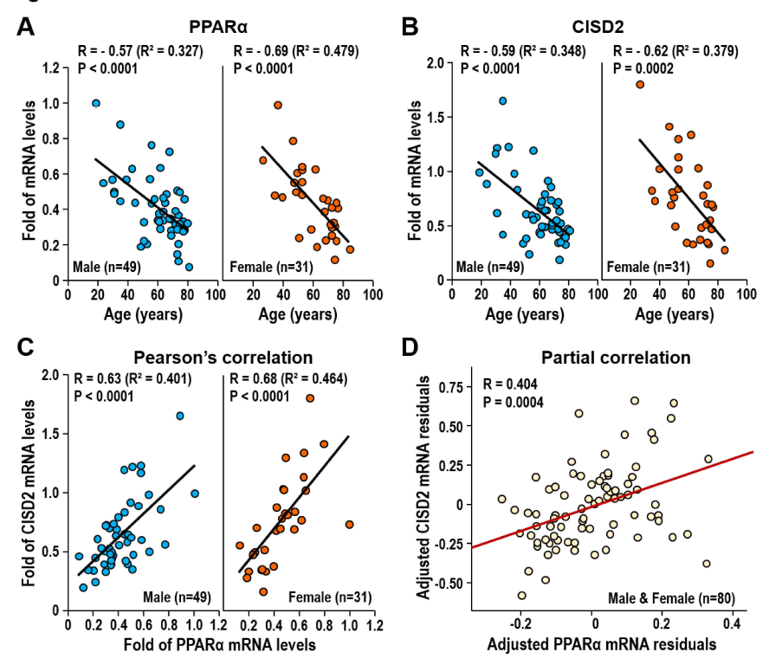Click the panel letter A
pyautogui.click(x=25, y=27)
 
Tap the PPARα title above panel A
pyautogui.click(x=218, y=27)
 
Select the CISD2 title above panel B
pyautogui.click(x=598, y=27)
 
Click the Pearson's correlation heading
pyautogui.click(x=223, y=358)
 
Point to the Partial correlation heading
pyautogui.click(x=616, y=358)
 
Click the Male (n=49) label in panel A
pyautogui.click(x=107, y=267)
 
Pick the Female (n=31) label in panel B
pyautogui.click(x=649, y=267)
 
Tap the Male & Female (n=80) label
pyautogui.click(x=671, y=598)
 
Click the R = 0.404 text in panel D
pyautogui.click(x=510, y=384)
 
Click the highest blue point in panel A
pyautogui.click(x=96, y=104)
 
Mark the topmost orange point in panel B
pyautogui.click(x=640, y=85)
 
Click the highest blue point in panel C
pyautogui.click(x=180, y=416)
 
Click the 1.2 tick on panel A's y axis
pyautogui.click(x=50, y=68)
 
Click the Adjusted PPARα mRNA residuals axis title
pyautogui.click(x=602, y=644)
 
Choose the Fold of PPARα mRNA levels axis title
pyautogui.click(x=220, y=644)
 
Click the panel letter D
pyautogui.click(x=410, y=347)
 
